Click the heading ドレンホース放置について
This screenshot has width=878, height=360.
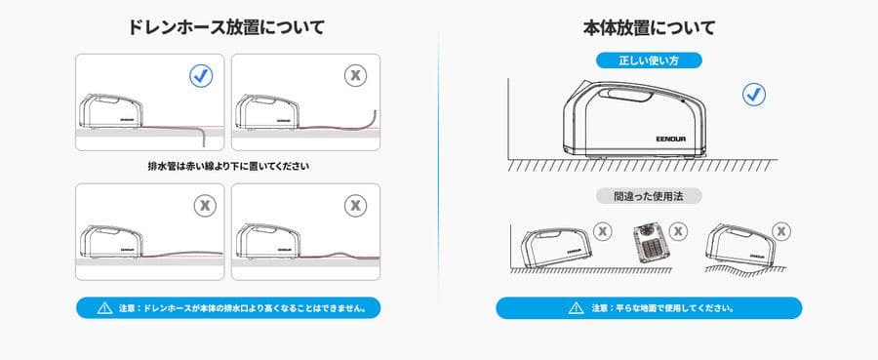pos(226,27)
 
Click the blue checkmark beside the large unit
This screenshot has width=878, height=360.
pos(753,95)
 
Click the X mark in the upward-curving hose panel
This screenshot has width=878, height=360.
pos(356,74)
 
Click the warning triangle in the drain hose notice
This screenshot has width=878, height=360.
pos(103,308)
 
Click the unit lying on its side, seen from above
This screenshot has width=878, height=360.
pos(646,240)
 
